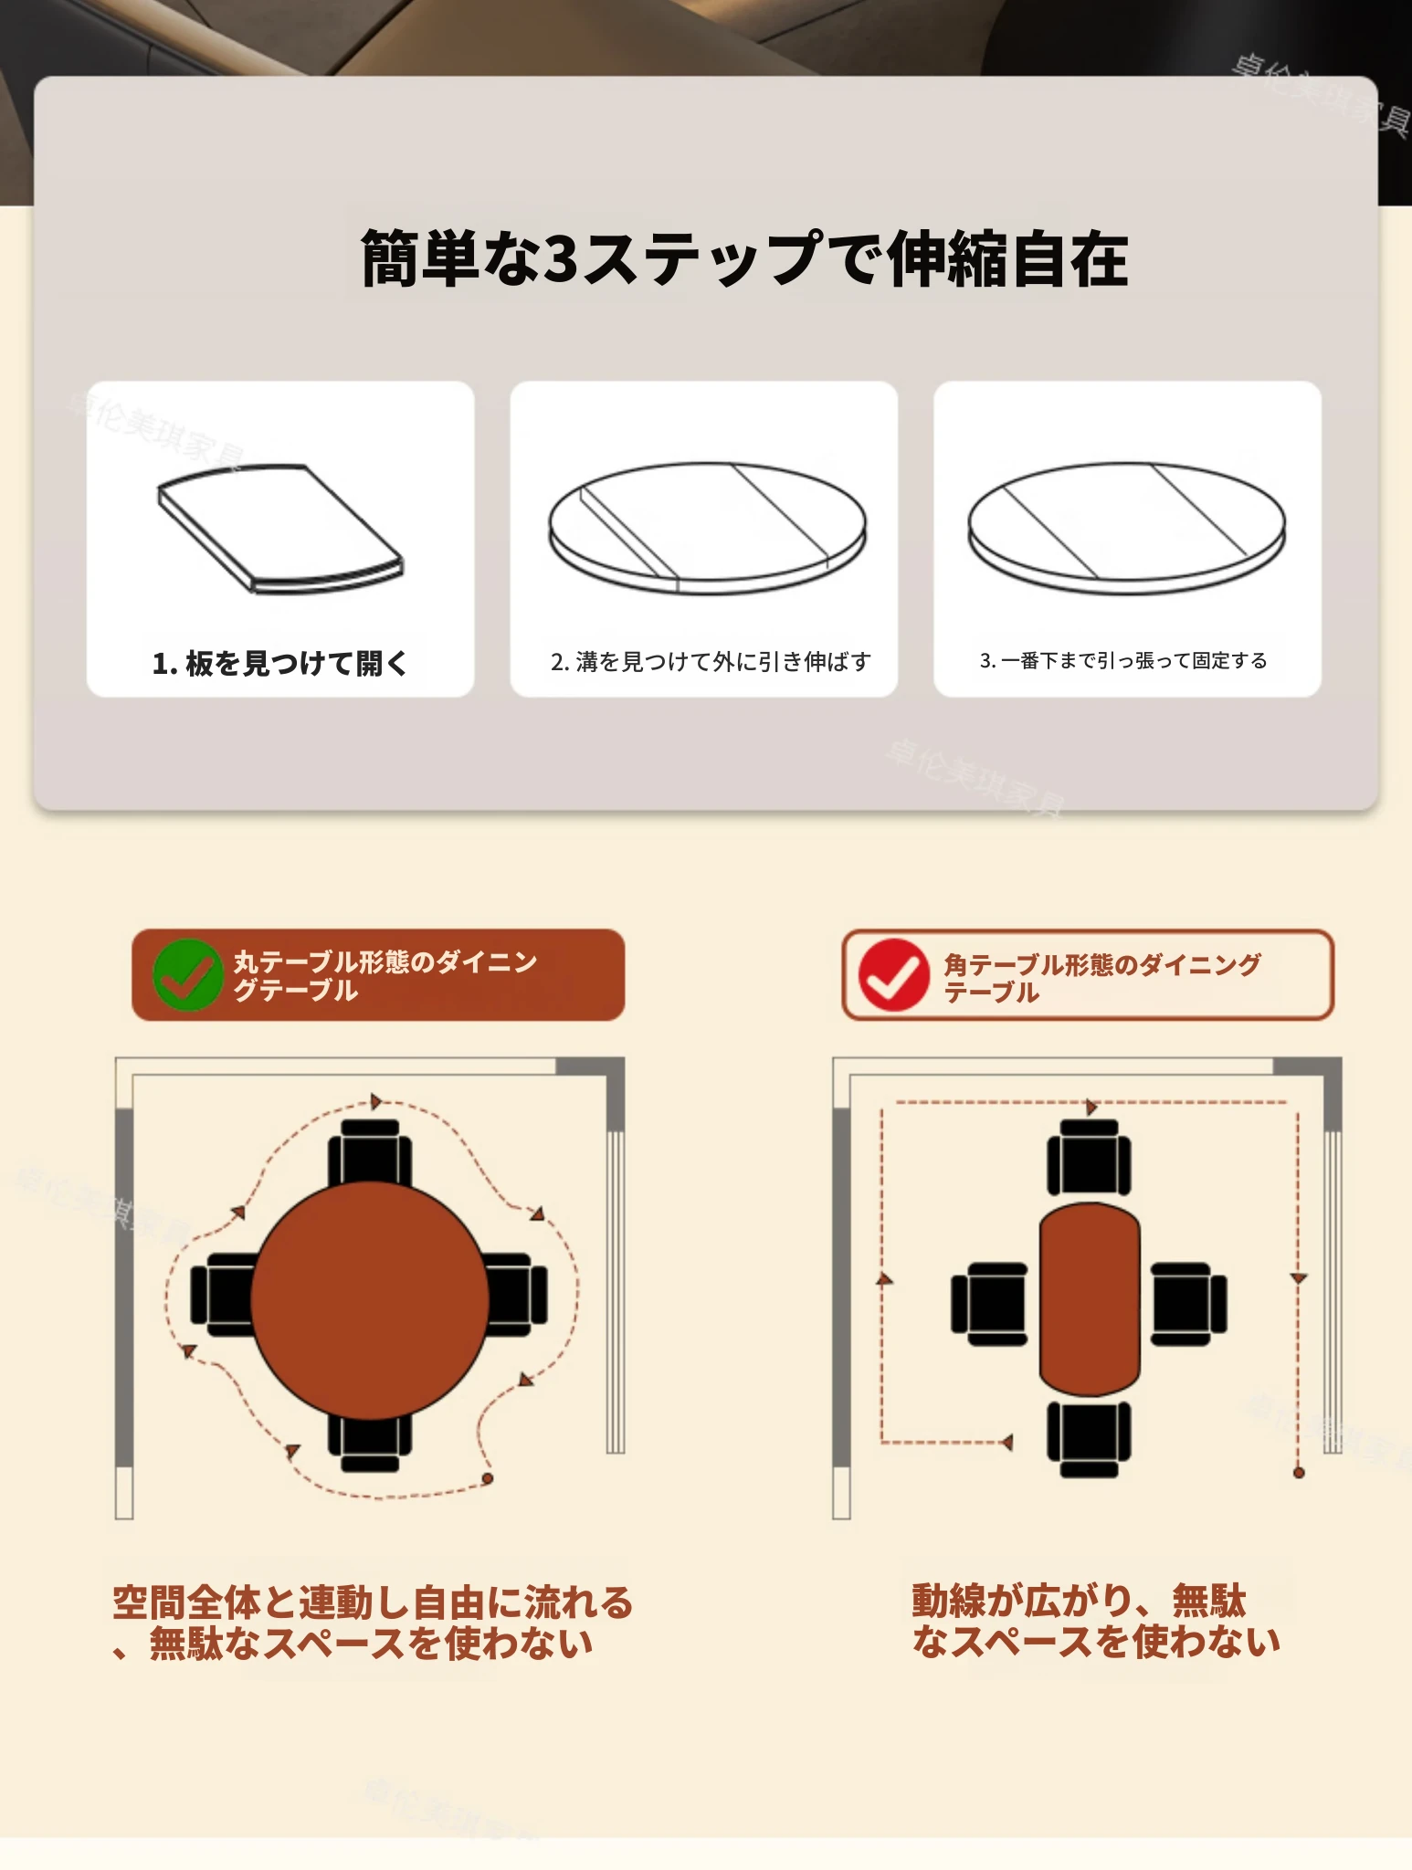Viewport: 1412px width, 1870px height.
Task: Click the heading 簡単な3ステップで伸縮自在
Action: point(744,259)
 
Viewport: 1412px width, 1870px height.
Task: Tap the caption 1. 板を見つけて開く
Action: point(279,663)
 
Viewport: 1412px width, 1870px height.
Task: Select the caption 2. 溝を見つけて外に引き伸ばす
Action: point(711,661)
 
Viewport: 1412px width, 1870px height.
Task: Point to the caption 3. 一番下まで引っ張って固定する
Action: point(1123,660)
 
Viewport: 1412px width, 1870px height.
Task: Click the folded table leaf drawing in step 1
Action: point(280,529)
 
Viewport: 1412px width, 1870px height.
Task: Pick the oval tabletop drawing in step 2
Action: point(708,529)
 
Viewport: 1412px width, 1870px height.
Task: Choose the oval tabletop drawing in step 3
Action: point(1127,529)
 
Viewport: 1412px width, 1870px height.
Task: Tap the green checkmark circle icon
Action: point(188,975)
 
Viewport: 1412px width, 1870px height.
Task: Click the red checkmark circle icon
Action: point(894,975)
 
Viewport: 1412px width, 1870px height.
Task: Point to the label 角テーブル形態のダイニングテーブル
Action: point(1101,978)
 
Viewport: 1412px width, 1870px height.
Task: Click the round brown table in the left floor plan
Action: point(370,1300)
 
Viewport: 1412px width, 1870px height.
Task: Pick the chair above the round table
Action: point(370,1152)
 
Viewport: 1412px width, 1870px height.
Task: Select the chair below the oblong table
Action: point(1090,1439)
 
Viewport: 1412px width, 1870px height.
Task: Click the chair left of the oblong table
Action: point(990,1304)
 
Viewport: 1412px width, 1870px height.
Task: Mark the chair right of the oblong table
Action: point(1188,1304)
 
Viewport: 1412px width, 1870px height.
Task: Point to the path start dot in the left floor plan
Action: point(488,1478)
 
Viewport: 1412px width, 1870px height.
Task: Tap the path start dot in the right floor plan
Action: point(1299,1473)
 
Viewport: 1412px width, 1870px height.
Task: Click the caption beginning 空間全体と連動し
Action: point(373,1623)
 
